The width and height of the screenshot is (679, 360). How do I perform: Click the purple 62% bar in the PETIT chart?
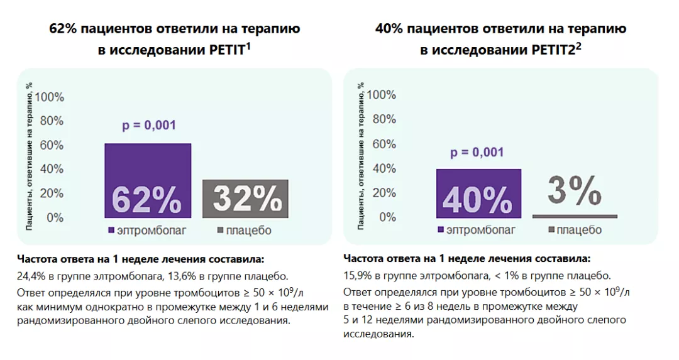[x=147, y=181]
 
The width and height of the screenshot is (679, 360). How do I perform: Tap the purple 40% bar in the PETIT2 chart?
[x=478, y=194]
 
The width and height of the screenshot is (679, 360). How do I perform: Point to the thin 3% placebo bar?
[x=575, y=216]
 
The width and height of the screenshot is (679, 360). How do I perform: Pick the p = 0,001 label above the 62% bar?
[x=148, y=125]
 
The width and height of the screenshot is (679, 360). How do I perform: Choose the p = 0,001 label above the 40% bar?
[x=478, y=152]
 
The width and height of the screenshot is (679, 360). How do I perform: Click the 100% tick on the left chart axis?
[x=49, y=97]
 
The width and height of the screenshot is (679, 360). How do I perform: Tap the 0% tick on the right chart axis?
[x=385, y=217]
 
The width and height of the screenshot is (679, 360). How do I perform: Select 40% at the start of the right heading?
[x=389, y=29]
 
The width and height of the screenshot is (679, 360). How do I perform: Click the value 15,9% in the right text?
[x=358, y=276]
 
